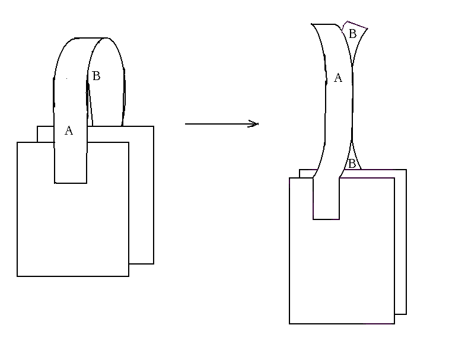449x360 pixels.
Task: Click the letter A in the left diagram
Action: [x=69, y=130]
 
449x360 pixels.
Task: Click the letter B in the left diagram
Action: [x=96, y=76]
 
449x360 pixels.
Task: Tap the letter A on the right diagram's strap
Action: [x=338, y=78]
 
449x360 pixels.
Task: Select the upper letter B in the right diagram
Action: [x=353, y=34]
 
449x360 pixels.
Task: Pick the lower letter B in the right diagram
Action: [x=351, y=164]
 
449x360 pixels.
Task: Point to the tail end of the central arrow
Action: [x=185, y=124]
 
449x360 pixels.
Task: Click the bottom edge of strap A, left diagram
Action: [x=71, y=183]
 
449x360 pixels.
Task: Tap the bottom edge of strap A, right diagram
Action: [x=326, y=219]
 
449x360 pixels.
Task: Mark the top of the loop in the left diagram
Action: [x=91, y=38]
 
